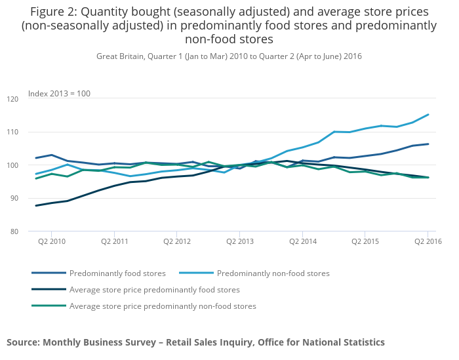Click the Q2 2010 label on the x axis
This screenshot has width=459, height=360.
click(52, 241)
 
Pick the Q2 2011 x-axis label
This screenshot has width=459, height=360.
click(114, 241)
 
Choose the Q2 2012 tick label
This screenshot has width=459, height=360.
click(177, 241)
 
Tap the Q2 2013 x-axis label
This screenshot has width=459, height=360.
click(239, 241)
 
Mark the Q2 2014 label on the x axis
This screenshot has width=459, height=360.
click(302, 241)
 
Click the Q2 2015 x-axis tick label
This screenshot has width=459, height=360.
click(365, 241)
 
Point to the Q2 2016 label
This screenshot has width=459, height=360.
click(428, 241)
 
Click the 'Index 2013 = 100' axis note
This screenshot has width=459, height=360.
click(59, 94)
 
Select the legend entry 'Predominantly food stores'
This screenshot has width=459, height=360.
click(117, 273)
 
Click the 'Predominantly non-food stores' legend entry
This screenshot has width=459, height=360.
click(273, 273)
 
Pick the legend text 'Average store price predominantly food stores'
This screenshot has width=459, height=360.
click(154, 289)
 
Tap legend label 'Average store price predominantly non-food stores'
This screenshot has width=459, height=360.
click(162, 306)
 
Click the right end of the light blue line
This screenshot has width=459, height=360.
click(428, 115)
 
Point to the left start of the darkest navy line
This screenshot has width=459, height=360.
click(36, 205)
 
